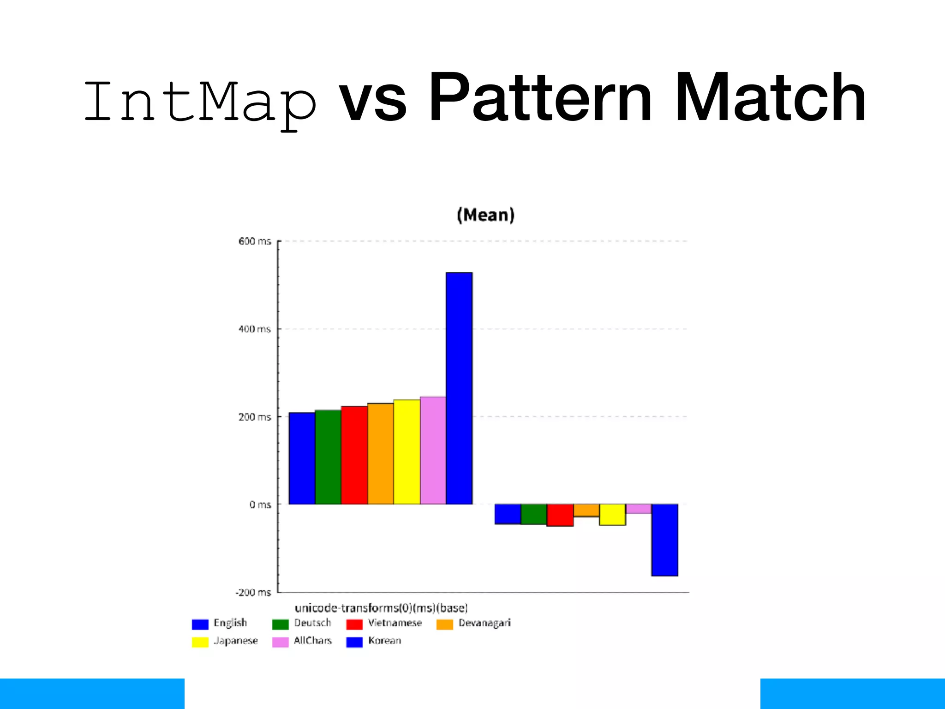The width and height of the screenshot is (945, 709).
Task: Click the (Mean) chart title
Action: tap(485, 215)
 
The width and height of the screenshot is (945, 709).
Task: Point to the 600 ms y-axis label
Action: tap(254, 241)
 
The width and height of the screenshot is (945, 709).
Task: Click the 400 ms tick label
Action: tap(254, 329)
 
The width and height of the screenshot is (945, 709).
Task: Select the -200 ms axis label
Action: tap(253, 592)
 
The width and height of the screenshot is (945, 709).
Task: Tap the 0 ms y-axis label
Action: tap(260, 505)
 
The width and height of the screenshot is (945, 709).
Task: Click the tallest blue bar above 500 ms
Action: tap(459, 388)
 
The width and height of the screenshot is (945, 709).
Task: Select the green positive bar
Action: tap(328, 457)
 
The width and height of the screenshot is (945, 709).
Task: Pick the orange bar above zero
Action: tap(381, 453)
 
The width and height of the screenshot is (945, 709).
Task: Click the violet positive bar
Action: tap(433, 450)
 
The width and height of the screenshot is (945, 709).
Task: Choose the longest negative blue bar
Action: tap(664, 540)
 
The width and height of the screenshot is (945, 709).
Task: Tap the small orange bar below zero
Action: tap(586, 510)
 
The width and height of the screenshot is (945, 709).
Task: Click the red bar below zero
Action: tap(560, 515)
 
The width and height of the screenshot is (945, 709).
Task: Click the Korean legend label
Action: tap(384, 641)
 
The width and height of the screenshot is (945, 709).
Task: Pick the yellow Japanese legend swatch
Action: tap(200, 642)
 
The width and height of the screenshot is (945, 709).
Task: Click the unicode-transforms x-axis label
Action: tap(381, 608)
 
